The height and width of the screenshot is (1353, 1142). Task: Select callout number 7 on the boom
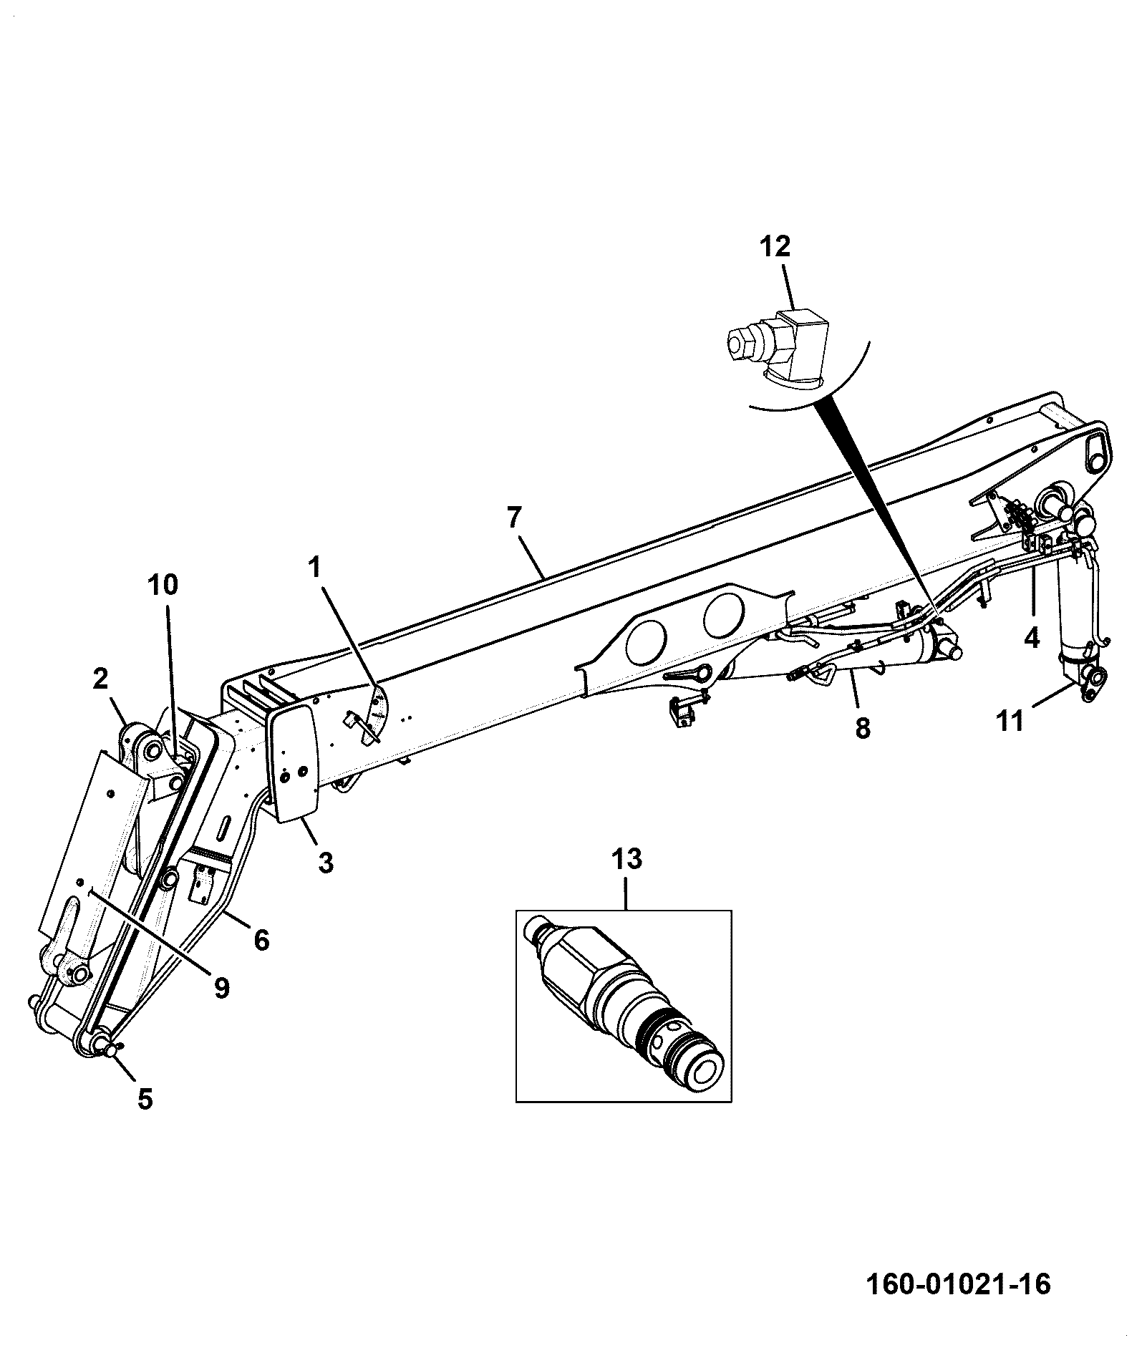pos(515,517)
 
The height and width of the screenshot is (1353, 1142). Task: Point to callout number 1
pos(314,568)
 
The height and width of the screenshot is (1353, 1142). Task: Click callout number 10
pos(163,585)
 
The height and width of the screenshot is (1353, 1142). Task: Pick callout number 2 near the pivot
pos(100,678)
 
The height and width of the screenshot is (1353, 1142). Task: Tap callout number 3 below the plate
pos(326,863)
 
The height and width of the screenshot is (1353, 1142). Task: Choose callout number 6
pos(262,939)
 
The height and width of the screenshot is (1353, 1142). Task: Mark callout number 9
pos(221,989)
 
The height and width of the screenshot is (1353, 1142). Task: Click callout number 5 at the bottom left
pos(145,1099)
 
